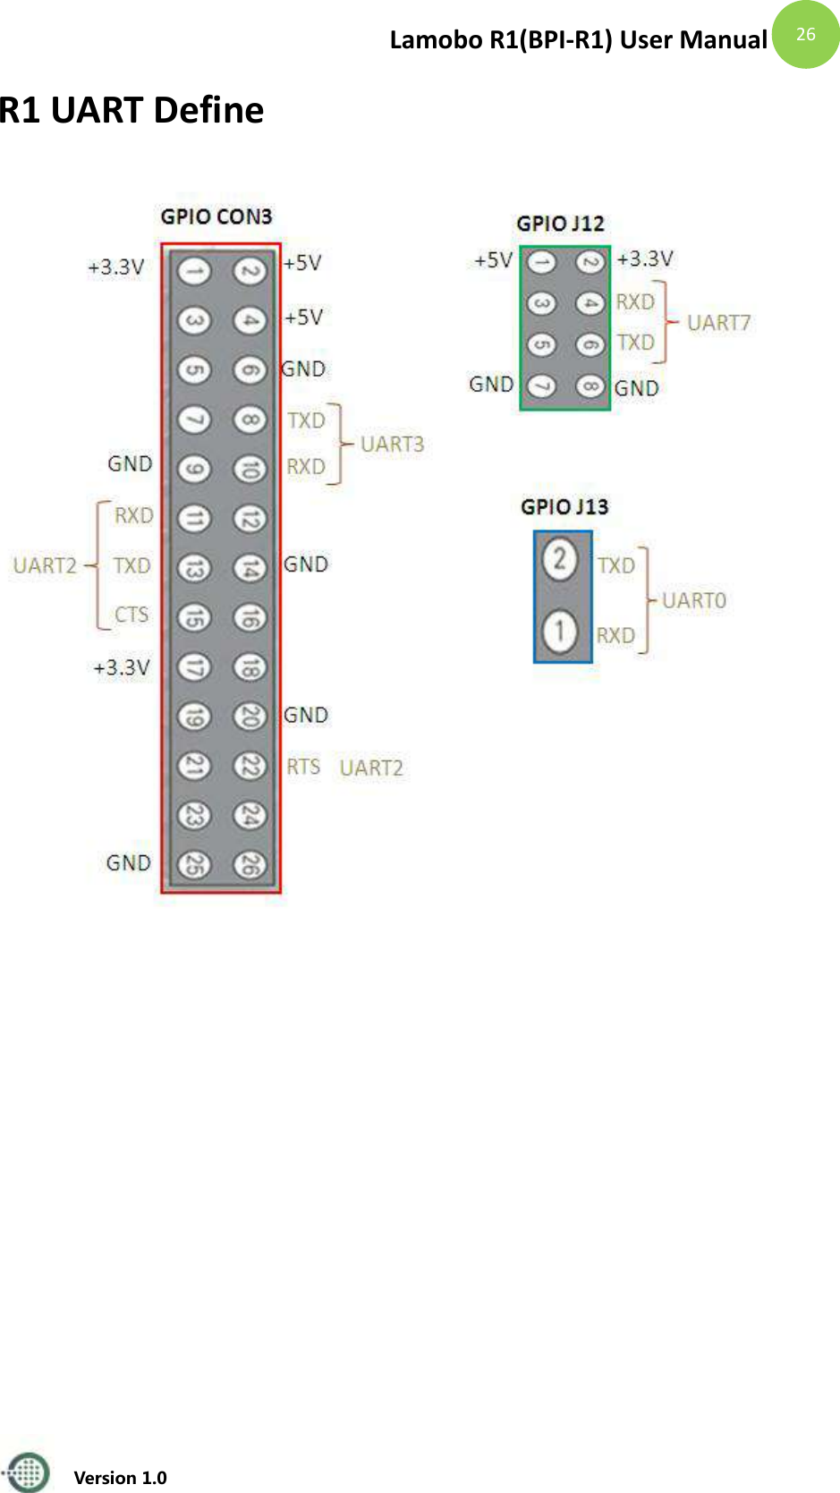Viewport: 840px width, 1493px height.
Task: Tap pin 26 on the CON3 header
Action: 250,864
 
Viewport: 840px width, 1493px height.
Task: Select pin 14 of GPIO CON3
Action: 250,567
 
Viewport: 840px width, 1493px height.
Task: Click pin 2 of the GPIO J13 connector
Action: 560,560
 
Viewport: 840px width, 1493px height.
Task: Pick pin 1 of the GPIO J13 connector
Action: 560,631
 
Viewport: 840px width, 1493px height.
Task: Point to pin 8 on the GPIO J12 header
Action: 590,386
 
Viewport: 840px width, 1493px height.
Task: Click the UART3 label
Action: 392,445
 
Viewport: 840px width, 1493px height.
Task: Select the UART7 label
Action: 718,323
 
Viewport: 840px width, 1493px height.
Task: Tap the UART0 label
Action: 694,600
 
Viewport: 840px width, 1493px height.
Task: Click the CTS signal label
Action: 132,615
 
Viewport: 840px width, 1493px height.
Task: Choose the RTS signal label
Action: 303,767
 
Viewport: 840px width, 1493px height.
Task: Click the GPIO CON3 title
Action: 216,216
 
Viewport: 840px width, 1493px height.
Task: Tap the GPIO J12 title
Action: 560,224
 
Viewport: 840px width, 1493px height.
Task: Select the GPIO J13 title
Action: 564,507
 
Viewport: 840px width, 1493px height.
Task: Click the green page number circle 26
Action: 805,34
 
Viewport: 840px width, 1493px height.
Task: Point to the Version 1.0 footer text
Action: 120,1478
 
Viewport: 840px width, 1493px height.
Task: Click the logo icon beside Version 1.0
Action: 28,1472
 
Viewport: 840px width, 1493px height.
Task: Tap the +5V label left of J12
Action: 493,260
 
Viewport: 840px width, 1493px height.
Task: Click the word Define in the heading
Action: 208,110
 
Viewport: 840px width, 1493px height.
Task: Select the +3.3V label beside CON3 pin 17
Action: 122,667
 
